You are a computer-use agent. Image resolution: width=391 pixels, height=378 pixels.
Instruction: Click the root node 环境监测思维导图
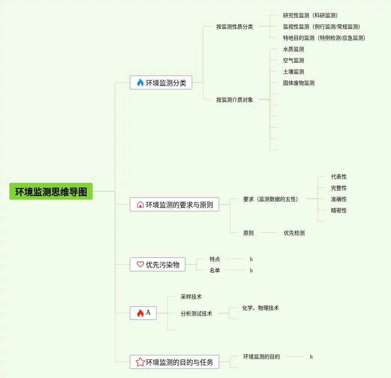tap(51, 192)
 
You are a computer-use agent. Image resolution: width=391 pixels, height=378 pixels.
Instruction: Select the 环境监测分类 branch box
tap(161, 82)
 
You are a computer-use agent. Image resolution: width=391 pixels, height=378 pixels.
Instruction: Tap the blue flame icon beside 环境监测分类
tap(140, 82)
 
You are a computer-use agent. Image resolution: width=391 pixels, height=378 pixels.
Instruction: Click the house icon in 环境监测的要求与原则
tap(140, 204)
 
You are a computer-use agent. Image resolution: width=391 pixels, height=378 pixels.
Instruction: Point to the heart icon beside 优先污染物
tap(140, 264)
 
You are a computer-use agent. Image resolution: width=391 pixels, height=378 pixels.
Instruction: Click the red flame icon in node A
tap(140, 313)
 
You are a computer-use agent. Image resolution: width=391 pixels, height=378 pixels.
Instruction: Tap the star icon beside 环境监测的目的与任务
tap(140, 362)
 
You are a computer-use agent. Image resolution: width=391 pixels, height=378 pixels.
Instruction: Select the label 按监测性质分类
tap(235, 27)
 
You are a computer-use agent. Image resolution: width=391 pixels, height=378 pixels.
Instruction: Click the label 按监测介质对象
tap(235, 100)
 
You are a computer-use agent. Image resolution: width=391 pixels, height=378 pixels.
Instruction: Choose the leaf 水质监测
tap(294, 49)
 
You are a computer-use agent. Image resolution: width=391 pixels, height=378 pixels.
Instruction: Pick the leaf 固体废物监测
tap(299, 83)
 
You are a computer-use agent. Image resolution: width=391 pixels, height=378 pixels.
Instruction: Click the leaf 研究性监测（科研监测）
tap(310, 15)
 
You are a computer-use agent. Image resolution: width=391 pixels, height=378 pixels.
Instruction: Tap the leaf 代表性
tap(339, 177)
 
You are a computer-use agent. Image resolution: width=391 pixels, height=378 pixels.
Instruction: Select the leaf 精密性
tap(339, 210)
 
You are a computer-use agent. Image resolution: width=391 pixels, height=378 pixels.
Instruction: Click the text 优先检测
tap(294, 233)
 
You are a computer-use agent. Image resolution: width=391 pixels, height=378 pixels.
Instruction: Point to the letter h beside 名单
tap(251, 270)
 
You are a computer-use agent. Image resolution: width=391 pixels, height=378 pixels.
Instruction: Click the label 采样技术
tap(191, 297)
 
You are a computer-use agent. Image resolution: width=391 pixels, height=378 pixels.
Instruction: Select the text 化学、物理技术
tap(261, 308)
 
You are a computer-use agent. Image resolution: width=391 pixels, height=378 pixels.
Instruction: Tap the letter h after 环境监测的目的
tap(311, 357)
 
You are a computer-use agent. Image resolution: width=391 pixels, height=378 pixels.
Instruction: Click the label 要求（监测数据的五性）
tap(271, 199)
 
